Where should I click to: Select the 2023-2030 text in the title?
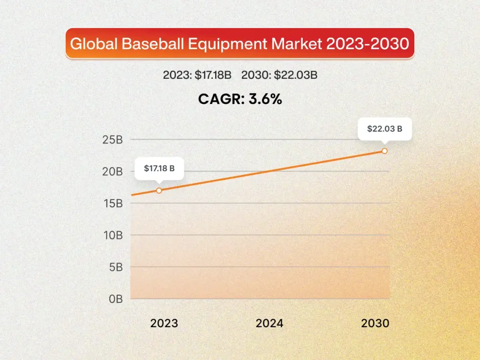[367, 44]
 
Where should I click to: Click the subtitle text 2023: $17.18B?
[199, 75]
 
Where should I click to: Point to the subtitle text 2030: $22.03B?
[279, 75]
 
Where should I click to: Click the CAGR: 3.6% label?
[240, 98]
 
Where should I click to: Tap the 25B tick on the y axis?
[112, 140]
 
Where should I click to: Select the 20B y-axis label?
[112, 172]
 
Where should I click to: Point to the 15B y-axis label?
[112, 203]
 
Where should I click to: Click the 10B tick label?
[112, 235]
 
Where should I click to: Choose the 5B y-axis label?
[115, 267]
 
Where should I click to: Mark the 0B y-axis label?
[115, 299]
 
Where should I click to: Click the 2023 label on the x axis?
[164, 323]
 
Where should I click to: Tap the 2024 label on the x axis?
[270, 323]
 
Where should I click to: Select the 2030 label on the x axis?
[375, 323]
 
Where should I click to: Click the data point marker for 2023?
[159, 190]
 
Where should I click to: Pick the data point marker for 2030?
[384, 151]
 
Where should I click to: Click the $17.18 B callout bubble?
[159, 168]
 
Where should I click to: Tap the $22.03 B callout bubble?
[384, 128]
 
